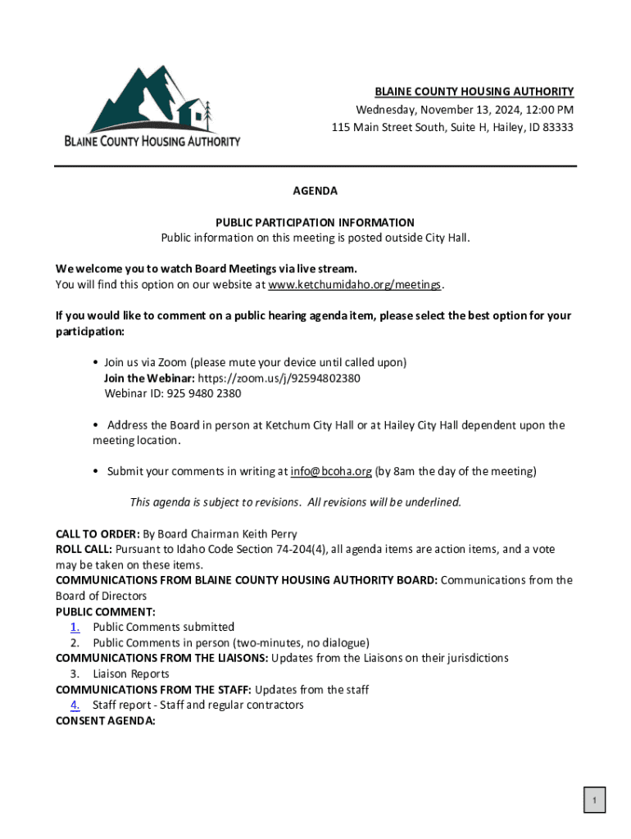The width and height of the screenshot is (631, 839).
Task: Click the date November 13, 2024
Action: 459,110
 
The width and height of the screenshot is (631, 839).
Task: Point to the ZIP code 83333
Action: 556,128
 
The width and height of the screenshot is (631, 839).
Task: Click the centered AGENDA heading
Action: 315,191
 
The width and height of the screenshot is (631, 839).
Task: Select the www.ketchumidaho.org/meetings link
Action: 355,285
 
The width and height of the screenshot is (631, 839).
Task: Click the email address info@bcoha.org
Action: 331,471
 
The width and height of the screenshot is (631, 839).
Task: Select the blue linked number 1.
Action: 75,628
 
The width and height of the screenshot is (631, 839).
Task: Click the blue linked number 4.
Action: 75,705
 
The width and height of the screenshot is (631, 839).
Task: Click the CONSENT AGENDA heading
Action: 105,721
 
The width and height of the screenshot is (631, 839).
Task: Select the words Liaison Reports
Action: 131,674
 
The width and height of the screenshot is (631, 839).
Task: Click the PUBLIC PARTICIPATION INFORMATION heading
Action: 315,223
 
